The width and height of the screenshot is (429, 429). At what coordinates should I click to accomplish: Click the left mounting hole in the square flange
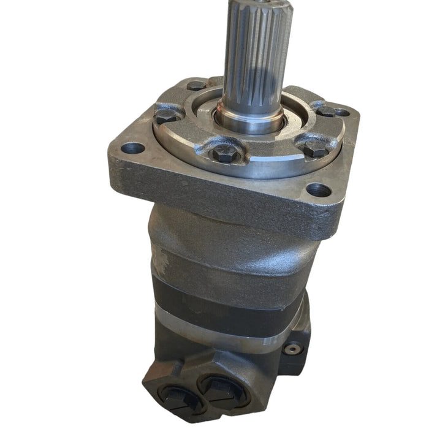134,148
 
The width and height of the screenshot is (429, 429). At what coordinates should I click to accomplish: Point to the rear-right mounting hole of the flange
342,112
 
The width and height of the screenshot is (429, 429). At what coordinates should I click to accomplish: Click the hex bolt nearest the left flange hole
164,116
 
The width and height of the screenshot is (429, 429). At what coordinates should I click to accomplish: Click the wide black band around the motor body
233,300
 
